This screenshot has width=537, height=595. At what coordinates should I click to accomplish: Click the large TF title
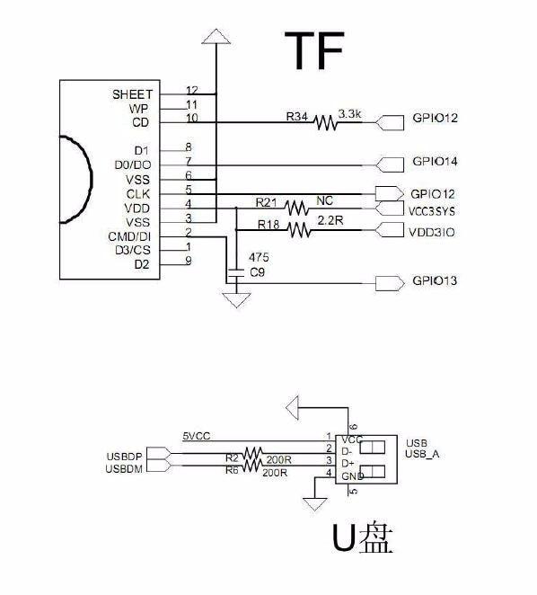[x=314, y=50]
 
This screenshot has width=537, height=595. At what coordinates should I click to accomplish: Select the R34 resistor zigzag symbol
[x=326, y=123]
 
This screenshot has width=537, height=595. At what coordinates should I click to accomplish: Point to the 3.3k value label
[x=349, y=114]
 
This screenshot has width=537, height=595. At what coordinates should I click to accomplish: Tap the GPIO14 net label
[x=435, y=161]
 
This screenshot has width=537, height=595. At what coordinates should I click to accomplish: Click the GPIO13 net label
[x=435, y=280]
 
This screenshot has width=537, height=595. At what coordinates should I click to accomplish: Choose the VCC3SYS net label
[x=432, y=211]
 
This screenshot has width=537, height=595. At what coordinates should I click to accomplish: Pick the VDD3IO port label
[x=432, y=232]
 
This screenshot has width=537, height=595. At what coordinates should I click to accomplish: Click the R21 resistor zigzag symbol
[x=296, y=208]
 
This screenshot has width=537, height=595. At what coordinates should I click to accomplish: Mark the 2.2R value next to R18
[x=330, y=220]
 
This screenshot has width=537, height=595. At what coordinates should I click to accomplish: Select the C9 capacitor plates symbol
[x=236, y=273]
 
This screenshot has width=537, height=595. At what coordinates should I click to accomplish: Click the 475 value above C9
[x=259, y=258]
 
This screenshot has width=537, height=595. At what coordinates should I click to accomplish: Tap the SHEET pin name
[x=132, y=94]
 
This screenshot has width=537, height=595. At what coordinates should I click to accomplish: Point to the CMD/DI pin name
[x=129, y=236]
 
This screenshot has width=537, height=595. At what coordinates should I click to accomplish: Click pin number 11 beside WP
[x=192, y=104]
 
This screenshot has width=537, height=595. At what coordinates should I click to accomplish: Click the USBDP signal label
[x=125, y=457]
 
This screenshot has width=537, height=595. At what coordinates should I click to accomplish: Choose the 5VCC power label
[x=197, y=437]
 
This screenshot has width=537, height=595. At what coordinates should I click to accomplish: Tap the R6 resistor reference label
[x=232, y=471]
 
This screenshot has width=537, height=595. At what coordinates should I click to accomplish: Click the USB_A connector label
[x=422, y=454]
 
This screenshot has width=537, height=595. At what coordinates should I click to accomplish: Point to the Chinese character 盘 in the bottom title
[x=375, y=538]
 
